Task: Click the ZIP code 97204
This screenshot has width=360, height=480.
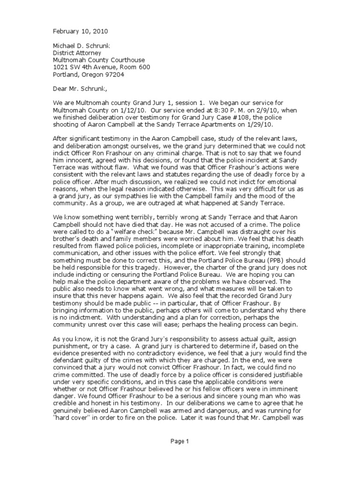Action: pos(118,74)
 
